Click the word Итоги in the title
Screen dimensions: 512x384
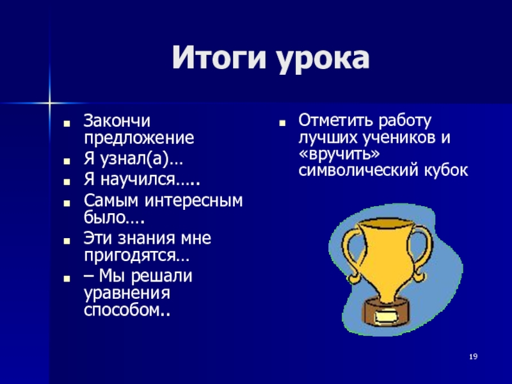click(219, 58)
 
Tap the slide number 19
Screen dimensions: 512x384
click(473, 356)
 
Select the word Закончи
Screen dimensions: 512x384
click(117, 121)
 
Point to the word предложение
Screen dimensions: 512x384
click(139, 139)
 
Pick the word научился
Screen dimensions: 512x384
click(138, 180)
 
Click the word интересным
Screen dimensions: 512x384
click(194, 200)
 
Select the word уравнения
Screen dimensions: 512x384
click(127, 293)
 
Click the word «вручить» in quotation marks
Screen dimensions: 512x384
click(339, 154)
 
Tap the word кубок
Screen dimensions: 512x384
click(446, 170)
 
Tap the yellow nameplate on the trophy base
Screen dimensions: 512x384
click(387, 316)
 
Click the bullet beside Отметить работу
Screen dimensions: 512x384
click(282, 124)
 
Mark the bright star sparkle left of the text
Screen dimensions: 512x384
click(49, 103)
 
